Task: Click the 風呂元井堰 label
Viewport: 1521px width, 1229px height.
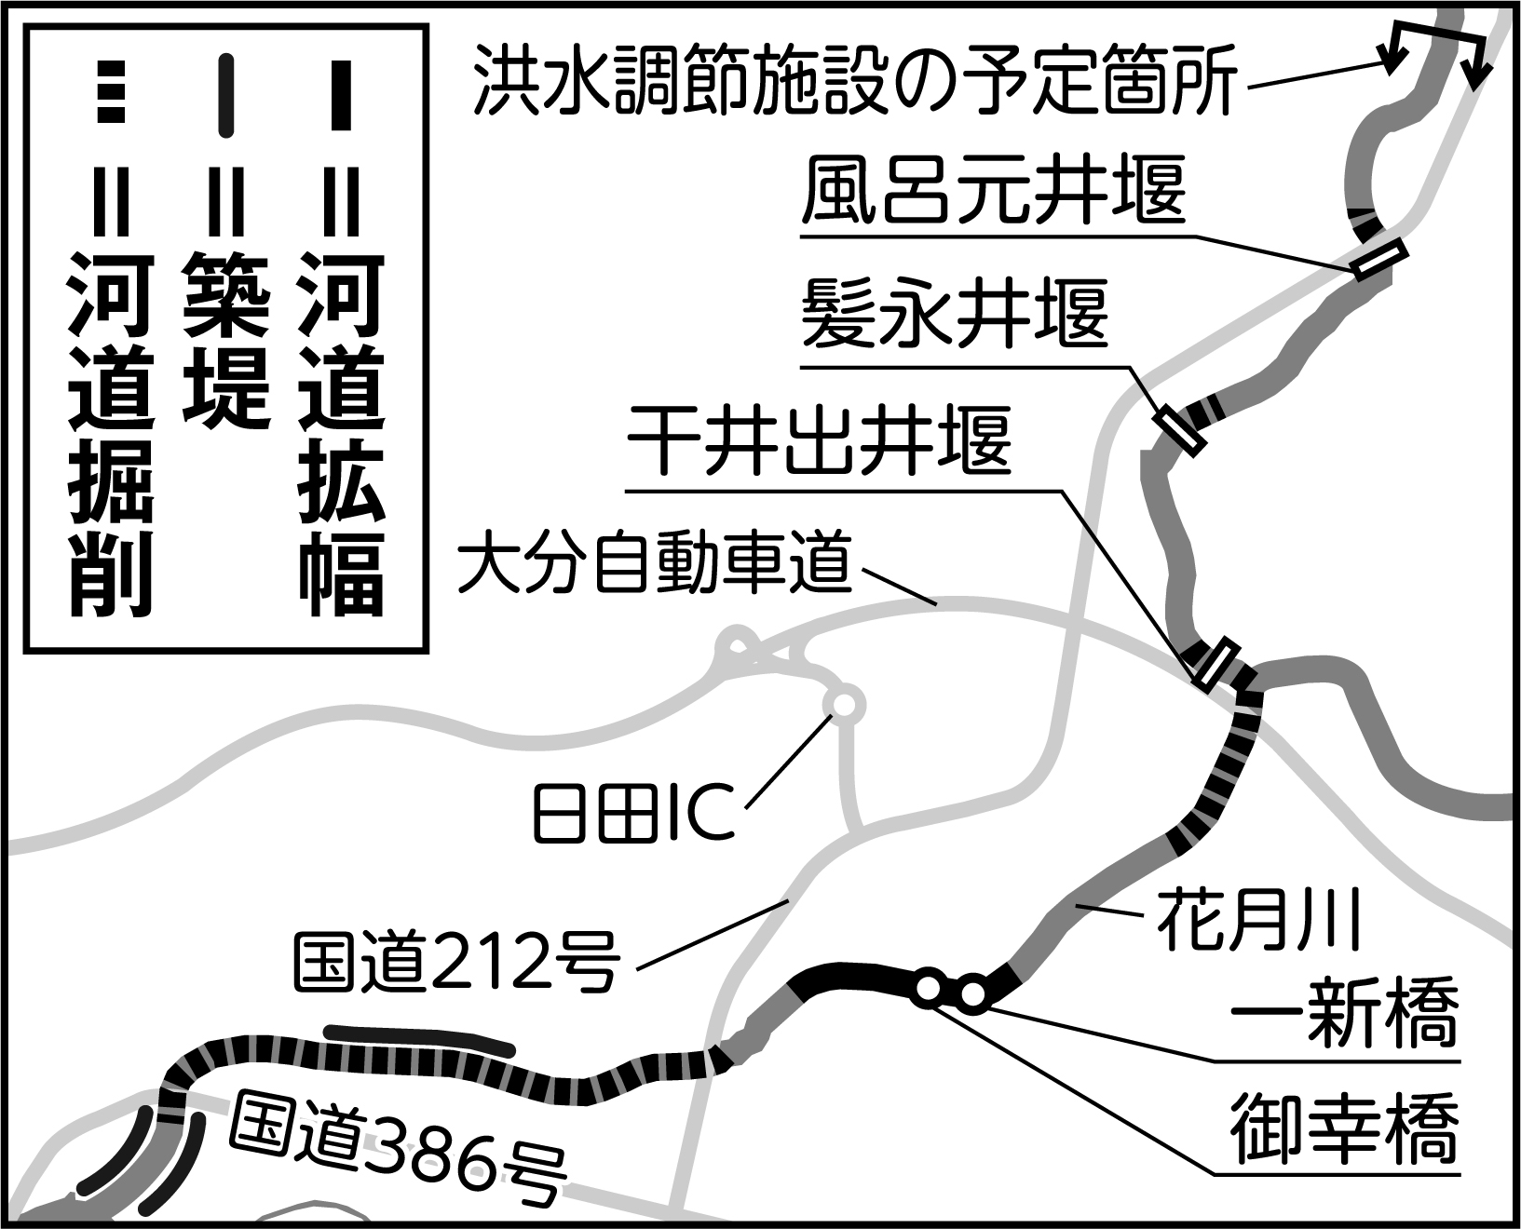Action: (x=993, y=190)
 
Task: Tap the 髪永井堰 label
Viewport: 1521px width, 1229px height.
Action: (x=956, y=314)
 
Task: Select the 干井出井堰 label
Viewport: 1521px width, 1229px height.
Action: (x=819, y=440)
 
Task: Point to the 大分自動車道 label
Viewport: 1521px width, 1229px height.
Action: (x=655, y=564)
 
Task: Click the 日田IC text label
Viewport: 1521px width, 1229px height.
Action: (x=633, y=812)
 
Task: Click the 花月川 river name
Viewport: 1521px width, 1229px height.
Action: (x=1260, y=918)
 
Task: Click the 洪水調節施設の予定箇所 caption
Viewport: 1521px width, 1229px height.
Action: (x=856, y=80)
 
